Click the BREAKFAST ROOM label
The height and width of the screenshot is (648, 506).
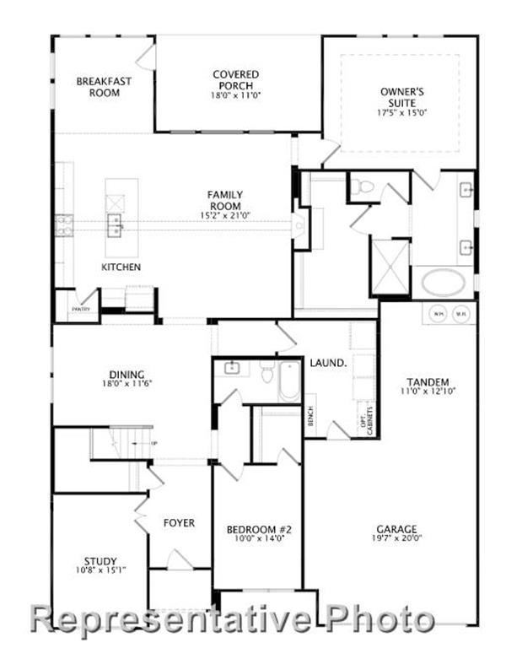pos(98,87)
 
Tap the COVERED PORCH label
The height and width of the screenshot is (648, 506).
pos(235,80)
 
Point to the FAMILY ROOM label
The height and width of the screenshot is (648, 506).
pos(224,201)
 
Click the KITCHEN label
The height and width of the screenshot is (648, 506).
pos(121,267)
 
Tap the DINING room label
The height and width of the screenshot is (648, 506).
pos(126,375)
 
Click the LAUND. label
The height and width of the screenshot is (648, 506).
pos(329,363)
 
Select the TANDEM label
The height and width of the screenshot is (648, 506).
pos(426,381)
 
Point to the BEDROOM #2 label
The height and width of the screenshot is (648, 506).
pos(259,530)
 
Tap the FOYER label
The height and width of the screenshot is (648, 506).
pos(179,523)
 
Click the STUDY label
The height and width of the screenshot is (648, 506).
pos(100,561)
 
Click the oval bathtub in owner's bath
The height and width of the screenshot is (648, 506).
pos(443,283)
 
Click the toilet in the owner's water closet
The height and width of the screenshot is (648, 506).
pos(363,186)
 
